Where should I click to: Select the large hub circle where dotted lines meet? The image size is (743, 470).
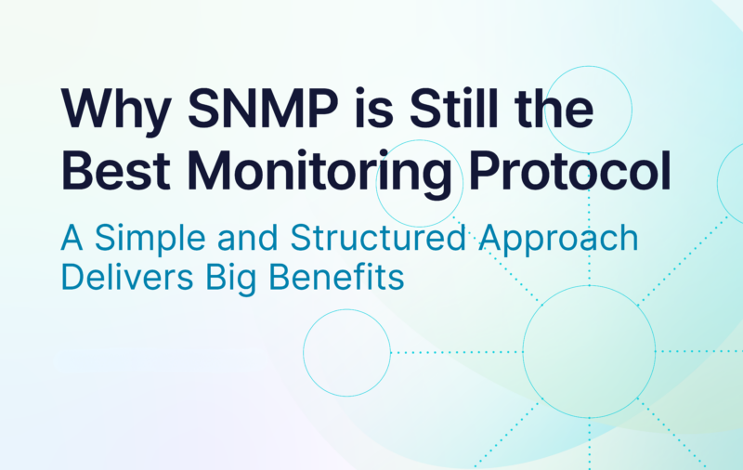[x=590, y=352]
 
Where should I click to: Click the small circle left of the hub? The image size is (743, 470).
[x=346, y=352]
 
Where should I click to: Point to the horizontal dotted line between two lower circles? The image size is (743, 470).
[x=456, y=352]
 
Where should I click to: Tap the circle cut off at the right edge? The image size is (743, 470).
[x=732, y=181]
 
